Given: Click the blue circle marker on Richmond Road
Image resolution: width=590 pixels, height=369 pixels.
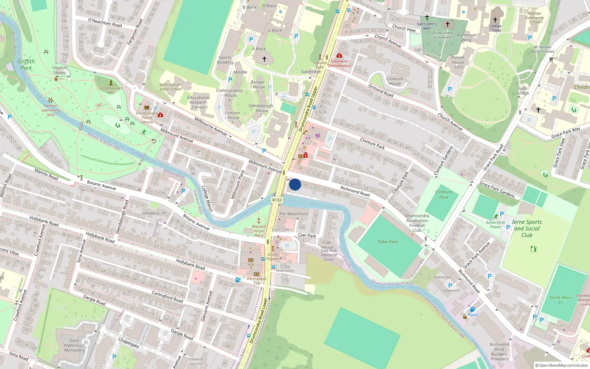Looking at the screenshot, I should (x=295, y=184).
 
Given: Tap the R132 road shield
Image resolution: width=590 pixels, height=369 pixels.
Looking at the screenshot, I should (x=277, y=200).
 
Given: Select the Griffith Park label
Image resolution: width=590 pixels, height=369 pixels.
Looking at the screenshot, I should (x=26, y=65).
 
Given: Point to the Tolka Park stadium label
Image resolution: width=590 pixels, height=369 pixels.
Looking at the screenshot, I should (x=388, y=242).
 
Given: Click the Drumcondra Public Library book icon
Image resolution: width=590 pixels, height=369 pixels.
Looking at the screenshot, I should (x=147, y=107).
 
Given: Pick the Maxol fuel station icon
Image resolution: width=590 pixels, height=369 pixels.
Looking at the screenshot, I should (x=472, y=309).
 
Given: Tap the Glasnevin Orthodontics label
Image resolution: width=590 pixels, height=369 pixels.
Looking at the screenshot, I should (x=339, y=63).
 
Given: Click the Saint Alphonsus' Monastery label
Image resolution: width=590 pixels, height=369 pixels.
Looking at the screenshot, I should (x=74, y=345).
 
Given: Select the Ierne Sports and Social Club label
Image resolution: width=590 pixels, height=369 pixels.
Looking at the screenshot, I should (x=527, y=228).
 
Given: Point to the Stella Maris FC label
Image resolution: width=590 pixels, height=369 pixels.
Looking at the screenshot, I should (x=561, y=300).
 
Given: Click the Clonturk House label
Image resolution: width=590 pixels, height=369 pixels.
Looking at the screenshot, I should (x=395, y=81).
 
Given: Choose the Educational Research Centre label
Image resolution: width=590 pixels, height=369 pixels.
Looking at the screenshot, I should (x=198, y=102).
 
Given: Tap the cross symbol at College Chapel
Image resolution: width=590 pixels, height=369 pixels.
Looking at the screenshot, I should (x=495, y=20).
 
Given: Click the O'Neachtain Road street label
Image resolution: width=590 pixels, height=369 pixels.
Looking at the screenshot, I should (x=105, y=23).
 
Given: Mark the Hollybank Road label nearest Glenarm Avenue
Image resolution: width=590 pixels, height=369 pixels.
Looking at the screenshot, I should (x=190, y=264).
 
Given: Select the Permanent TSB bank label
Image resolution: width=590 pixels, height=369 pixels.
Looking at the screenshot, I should (x=257, y=281).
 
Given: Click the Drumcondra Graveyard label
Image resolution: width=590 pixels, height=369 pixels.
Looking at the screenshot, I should (x=443, y=35).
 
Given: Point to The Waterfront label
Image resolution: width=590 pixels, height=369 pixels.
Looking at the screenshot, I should (x=294, y=214).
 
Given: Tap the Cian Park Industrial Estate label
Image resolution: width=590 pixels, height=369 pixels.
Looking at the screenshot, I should (x=329, y=252).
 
